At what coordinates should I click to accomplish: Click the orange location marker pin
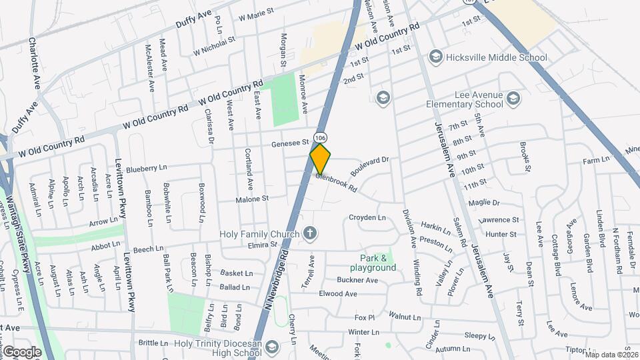[x=321, y=159]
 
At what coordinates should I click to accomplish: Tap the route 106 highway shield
[x=321, y=138]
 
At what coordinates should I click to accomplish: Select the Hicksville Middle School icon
[x=436, y=57]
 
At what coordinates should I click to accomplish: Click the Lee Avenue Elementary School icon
[x=513, y=99]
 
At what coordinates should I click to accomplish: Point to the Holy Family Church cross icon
[x=309, y=233]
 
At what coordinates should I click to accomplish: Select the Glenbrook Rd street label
[x=337, y=183]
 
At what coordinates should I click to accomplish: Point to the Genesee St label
[x=291, y=142]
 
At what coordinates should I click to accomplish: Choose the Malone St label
[x=252, y=198]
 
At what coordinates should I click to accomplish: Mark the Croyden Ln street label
[x=367, y=217]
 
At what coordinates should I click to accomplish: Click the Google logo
[x=22, y=351]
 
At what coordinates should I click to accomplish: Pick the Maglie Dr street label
[x=484, y=202]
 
